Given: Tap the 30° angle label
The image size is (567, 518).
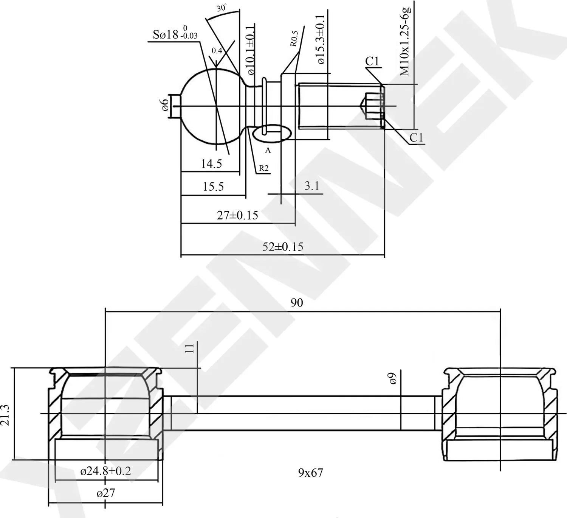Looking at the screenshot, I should (222, 8).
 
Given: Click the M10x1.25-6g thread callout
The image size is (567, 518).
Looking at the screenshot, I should (406, 40).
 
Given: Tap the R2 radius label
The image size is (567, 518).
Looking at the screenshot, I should (263, 168).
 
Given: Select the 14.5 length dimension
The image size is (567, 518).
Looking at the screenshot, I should (211, 164).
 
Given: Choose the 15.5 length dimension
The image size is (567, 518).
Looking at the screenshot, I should (213, 187).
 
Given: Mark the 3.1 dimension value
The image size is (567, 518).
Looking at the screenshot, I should (312, 186).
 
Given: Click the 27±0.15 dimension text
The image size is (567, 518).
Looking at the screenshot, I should (237, 215).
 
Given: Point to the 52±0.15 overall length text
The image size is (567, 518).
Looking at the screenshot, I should (283, 247).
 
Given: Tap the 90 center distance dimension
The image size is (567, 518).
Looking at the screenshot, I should (297, 303).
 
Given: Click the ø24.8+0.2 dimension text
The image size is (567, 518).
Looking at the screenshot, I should (105, 471).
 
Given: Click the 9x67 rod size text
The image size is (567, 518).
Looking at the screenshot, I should (310, 473).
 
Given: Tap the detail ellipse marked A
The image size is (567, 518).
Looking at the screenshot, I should (271, 134).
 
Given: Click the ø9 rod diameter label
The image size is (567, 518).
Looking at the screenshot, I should (393, 379).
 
